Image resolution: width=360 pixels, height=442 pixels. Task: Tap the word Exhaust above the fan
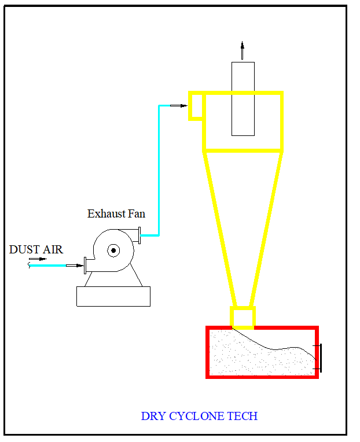(106, 214)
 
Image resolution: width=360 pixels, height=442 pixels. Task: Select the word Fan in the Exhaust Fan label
(136, 214)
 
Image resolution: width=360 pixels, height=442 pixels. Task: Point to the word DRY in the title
(153, 417)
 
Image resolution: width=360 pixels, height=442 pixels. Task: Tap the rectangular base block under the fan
(113, 296)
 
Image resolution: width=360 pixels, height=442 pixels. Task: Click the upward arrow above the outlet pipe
(243, 49)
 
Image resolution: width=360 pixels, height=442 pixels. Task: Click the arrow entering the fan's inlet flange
(75, 266)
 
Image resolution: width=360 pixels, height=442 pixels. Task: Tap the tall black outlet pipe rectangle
(243, 99)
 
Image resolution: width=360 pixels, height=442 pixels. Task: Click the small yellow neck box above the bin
(243, 317)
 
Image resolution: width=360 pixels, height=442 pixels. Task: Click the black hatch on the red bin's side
(320, 357)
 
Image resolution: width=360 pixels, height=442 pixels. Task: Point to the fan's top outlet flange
(139, 235)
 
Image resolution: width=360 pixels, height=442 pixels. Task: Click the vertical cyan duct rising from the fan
(159, 174)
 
